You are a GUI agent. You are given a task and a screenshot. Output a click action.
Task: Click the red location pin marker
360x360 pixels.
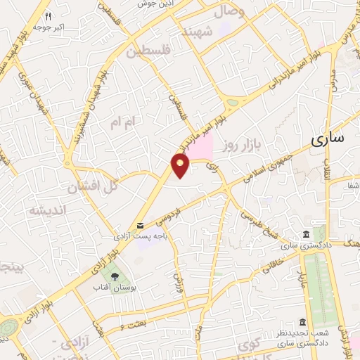pos(181,165)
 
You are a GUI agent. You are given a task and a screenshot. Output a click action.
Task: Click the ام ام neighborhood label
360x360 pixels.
pos(120,122)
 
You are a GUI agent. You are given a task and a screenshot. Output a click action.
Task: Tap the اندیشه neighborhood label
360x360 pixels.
pos(46,210)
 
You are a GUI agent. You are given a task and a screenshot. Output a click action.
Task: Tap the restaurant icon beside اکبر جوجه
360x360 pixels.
pos(47,15)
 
